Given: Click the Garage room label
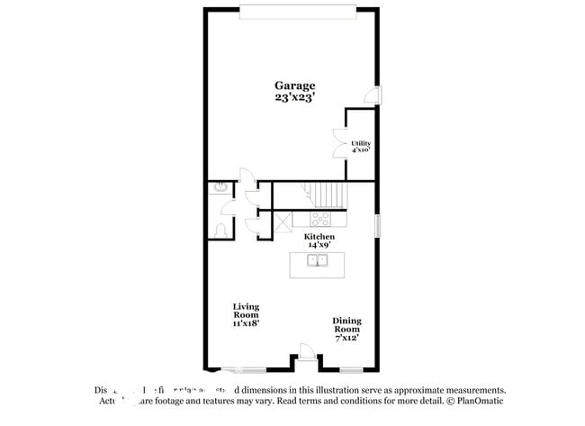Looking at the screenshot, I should click(294, 86).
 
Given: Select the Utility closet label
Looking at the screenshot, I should click(361, 143).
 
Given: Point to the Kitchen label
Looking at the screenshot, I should click(319, 236).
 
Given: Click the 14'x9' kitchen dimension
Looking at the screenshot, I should click(319, 245).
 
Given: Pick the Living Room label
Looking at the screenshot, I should click(246, 310).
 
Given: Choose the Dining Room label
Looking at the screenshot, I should click(346, 325).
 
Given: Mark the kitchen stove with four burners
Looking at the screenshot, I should click(320, 218).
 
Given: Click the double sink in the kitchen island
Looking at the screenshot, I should click(317, 262).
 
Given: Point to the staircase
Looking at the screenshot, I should click(328, 194).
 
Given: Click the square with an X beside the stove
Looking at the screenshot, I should click(283, 218).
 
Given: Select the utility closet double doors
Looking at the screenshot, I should click(339, 143).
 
